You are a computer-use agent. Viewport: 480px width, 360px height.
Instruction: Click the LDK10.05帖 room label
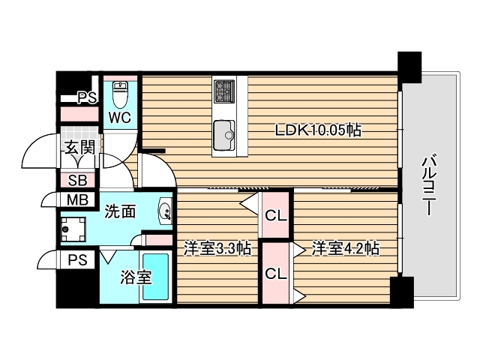coord(317,130)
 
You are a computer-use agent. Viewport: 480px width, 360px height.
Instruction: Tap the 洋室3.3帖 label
coord(217,247)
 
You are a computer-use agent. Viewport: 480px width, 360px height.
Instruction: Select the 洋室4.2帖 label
coord(345,247)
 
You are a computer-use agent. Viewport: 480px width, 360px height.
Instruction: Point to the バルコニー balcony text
coord(428,184)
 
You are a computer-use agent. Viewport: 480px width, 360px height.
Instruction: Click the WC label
coord(119,118)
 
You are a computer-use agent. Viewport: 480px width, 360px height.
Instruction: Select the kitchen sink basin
coord(225,135)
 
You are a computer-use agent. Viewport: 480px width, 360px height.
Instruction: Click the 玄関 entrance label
coord(78,147)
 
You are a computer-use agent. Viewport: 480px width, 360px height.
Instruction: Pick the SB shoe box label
coord(77,180)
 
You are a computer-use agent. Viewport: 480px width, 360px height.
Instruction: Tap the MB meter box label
coord(77,199)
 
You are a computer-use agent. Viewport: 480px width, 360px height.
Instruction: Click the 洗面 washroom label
coord(120,211)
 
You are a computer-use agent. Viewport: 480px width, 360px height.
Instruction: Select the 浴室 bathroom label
coord(136,277)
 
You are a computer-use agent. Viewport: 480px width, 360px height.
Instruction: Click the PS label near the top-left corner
coord(86,97)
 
